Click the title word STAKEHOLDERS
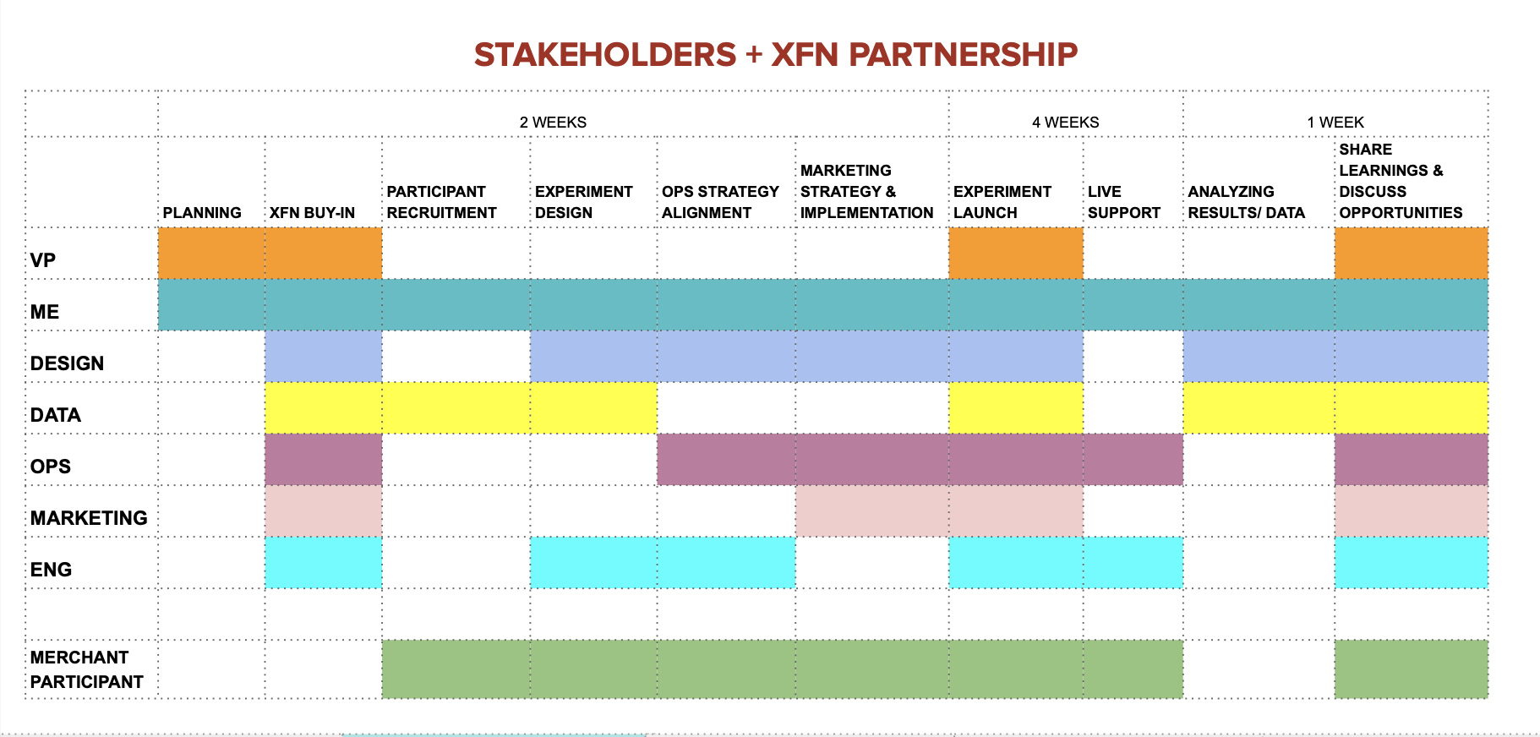pos(604,55)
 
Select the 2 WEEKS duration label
pos(553,123)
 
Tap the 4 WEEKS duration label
pos(1065,123)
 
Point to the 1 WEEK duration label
pos(1335,123)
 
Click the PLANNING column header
pos(202,213)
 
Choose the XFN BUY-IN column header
pos(312,213)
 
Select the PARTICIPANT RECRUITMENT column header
pos(441,202)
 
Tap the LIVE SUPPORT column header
pos(1123,202)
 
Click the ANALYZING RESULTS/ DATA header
pos(1246,202)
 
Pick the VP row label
pos(43,260)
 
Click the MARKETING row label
pos(89,518)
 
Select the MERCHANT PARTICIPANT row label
pos(86,669)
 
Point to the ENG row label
pos(51,570)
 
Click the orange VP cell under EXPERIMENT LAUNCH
pos(1016,254)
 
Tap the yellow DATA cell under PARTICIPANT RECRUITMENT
pos(456,408)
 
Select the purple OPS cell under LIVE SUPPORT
pos(1133,460)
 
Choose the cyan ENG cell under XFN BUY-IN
pos(323,563)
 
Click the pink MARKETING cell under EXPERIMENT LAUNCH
pos(1016,511)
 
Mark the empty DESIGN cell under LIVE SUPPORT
pos(1133,357)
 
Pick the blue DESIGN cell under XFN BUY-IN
pos(323,357)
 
